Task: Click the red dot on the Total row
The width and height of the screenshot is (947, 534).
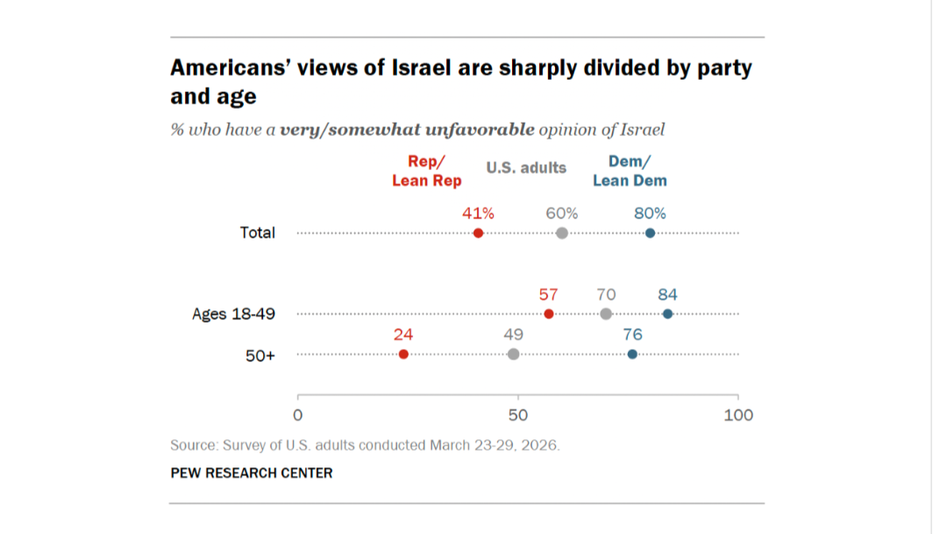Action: (478, 233)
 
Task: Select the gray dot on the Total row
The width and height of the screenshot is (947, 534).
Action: (562, 233)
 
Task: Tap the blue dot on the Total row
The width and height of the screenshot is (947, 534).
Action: (650, 233)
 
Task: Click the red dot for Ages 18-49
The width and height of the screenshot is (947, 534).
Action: (549, 314)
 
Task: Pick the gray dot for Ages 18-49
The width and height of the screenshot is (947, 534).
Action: (606, 314)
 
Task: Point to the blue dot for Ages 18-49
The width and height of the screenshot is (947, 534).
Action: (668, 314)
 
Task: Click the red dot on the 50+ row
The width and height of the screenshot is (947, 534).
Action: (403, 354)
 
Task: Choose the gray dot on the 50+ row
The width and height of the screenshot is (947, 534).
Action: (513, 354)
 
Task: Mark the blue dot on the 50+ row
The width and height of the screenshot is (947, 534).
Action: (632, 354)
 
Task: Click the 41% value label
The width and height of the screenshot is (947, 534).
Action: (479, 213)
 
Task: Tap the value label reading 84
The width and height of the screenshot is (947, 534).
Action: (667, 295)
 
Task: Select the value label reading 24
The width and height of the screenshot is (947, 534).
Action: (403, 334)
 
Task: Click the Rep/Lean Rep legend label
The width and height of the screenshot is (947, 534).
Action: (426, 171)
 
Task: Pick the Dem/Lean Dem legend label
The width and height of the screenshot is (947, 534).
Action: (630, 171)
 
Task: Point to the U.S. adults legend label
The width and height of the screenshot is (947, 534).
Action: (526, 167)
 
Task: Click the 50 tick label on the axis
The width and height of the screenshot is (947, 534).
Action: (517, 415)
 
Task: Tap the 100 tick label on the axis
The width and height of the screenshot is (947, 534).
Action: (738, 415)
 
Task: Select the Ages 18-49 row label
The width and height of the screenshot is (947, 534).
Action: (233, 314)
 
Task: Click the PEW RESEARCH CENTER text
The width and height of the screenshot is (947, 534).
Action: (252, 473)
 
